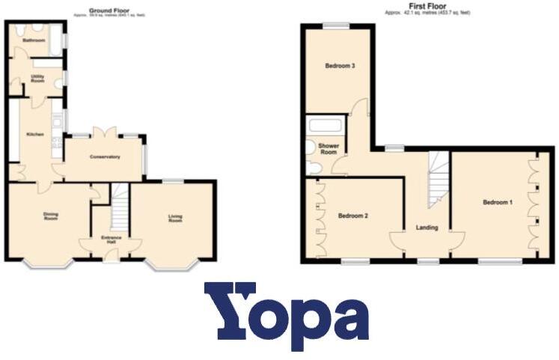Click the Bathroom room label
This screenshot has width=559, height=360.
tap(33, 40)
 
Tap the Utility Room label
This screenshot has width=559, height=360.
tap(37, 78)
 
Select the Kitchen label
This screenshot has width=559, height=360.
tap(35, 134)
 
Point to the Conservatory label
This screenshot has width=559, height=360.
tap(105, 156)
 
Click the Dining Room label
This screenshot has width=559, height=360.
tap(51, 218)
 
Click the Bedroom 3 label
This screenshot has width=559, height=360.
tap(339, 66)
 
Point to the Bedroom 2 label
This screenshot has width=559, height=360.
tap(353, 216)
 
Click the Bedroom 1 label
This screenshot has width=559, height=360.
tap(498, 202)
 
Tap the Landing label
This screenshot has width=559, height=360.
tap(427, 228)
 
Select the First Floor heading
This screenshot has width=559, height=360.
tap(426, 7)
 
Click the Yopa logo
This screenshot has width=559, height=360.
tap(286, 315)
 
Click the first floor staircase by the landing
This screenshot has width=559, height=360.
tap(438, 180)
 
